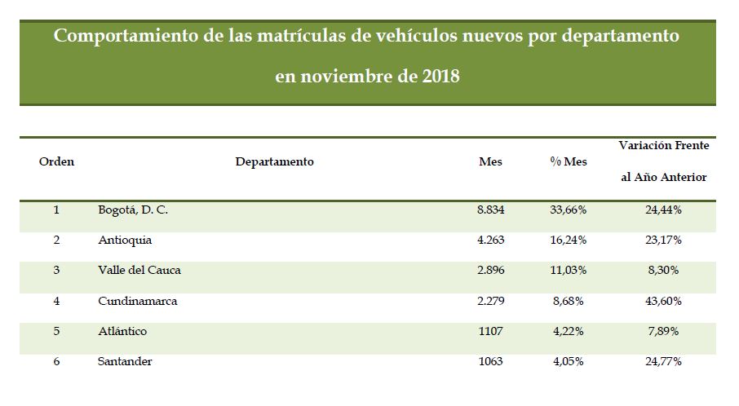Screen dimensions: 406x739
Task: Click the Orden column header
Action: [56, 161]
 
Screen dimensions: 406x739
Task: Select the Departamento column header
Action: [274, 161]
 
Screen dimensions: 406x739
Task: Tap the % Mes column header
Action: [568, 161]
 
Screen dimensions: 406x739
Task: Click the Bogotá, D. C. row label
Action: [132, 210]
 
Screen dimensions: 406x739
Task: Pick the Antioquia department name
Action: [124, 241]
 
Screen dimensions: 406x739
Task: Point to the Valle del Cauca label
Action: [139, 271]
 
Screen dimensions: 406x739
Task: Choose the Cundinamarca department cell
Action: [137, 301]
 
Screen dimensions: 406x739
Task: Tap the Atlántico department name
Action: [122, 332]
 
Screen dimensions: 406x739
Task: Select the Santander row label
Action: [124, 361]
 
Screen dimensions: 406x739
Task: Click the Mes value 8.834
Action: [491, 210]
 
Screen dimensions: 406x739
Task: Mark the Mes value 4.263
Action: [491, 241]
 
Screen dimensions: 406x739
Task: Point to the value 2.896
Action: [491, 271]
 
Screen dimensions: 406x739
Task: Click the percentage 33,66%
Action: [569, 210]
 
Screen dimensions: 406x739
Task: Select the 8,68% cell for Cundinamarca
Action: [569, 301]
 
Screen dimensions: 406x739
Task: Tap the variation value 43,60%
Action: [662, 301]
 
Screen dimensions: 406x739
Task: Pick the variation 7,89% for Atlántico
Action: [662, 332]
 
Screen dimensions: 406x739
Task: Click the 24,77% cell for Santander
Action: [662, 361]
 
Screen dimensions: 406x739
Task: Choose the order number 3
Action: [56, 271]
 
